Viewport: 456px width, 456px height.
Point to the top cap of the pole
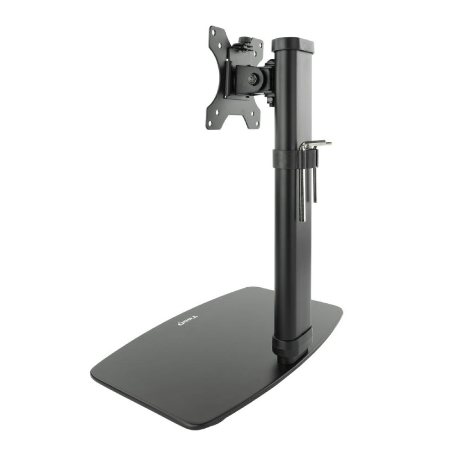click(293, 44)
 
